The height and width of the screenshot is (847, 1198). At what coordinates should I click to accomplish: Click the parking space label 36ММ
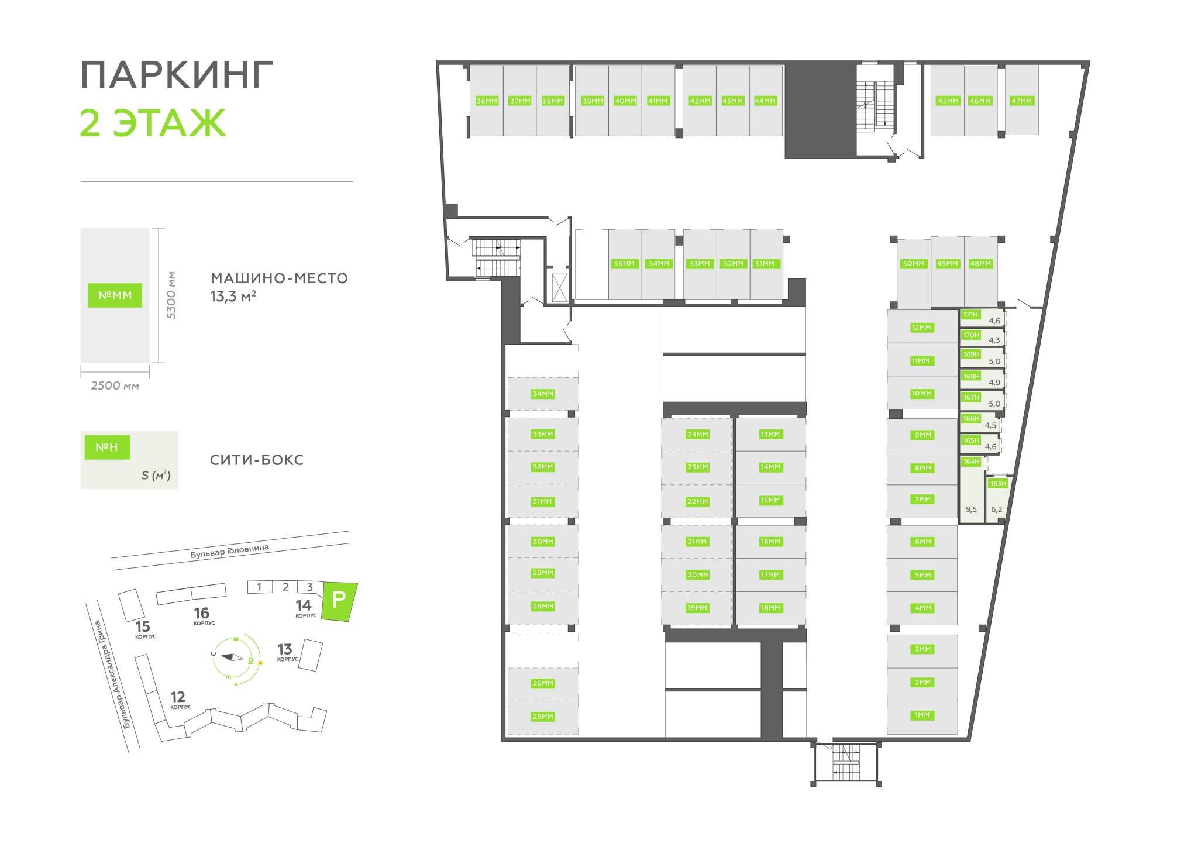(487, 101)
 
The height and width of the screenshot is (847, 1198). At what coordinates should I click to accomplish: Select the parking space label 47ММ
(1022, 101)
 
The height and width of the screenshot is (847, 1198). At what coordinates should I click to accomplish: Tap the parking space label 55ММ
(624, 264)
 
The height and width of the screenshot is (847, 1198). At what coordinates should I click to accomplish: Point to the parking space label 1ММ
(922, 715)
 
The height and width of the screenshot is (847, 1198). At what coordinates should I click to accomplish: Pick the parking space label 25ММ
(543, 717)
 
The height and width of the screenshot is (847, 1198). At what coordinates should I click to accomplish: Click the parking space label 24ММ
(698, 435)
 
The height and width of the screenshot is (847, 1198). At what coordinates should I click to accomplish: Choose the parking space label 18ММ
(770, 608)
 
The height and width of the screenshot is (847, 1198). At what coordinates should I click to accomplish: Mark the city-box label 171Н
(970, 315)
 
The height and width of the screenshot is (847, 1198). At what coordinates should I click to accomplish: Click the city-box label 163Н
(998, 484)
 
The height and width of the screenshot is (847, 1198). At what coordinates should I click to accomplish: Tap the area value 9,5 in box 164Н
(971, 509)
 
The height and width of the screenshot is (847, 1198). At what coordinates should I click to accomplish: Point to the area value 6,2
(997, 509)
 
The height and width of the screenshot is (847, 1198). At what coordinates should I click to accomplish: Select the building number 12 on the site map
(178, 697)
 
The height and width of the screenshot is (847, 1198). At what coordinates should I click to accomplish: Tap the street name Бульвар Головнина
(229, 551)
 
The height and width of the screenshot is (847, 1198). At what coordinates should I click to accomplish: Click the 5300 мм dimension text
(171, 295)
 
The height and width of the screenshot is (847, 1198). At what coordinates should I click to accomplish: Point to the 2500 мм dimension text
(115, 386)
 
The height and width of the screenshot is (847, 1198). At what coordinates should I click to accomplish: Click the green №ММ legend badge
(115, 295)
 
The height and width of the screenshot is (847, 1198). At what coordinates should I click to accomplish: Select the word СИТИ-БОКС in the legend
(257, 460)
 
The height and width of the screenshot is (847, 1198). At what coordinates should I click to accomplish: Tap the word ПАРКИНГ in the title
(177, 75)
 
